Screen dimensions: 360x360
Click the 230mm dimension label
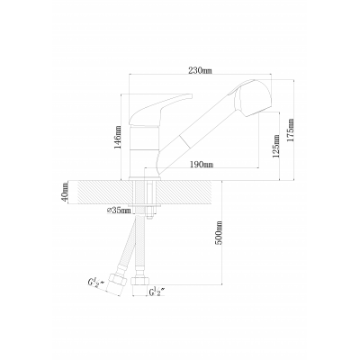click(x=200, y=70)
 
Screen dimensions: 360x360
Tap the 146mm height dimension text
click(x=118, y=138)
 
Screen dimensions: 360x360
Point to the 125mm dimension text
click(x=276, y=146)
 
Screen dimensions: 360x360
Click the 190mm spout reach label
click(x=202, y=165)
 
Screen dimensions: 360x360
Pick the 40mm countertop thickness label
click(x=66, y=192)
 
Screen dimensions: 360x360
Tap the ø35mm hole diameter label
click(x=119, y=211)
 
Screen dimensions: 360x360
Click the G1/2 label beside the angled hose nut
click(x=95, y=283)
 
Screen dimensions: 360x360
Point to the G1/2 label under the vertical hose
click(x=157, y=292)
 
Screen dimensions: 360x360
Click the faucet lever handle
click(x=160, y=110)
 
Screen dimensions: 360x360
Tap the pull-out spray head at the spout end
click(x=253, y=98)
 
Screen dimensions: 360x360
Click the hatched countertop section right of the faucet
click(x=188, y=192)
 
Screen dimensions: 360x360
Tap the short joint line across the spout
click(x=184, y=141)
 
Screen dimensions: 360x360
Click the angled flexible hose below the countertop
click(x=128, y=243)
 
